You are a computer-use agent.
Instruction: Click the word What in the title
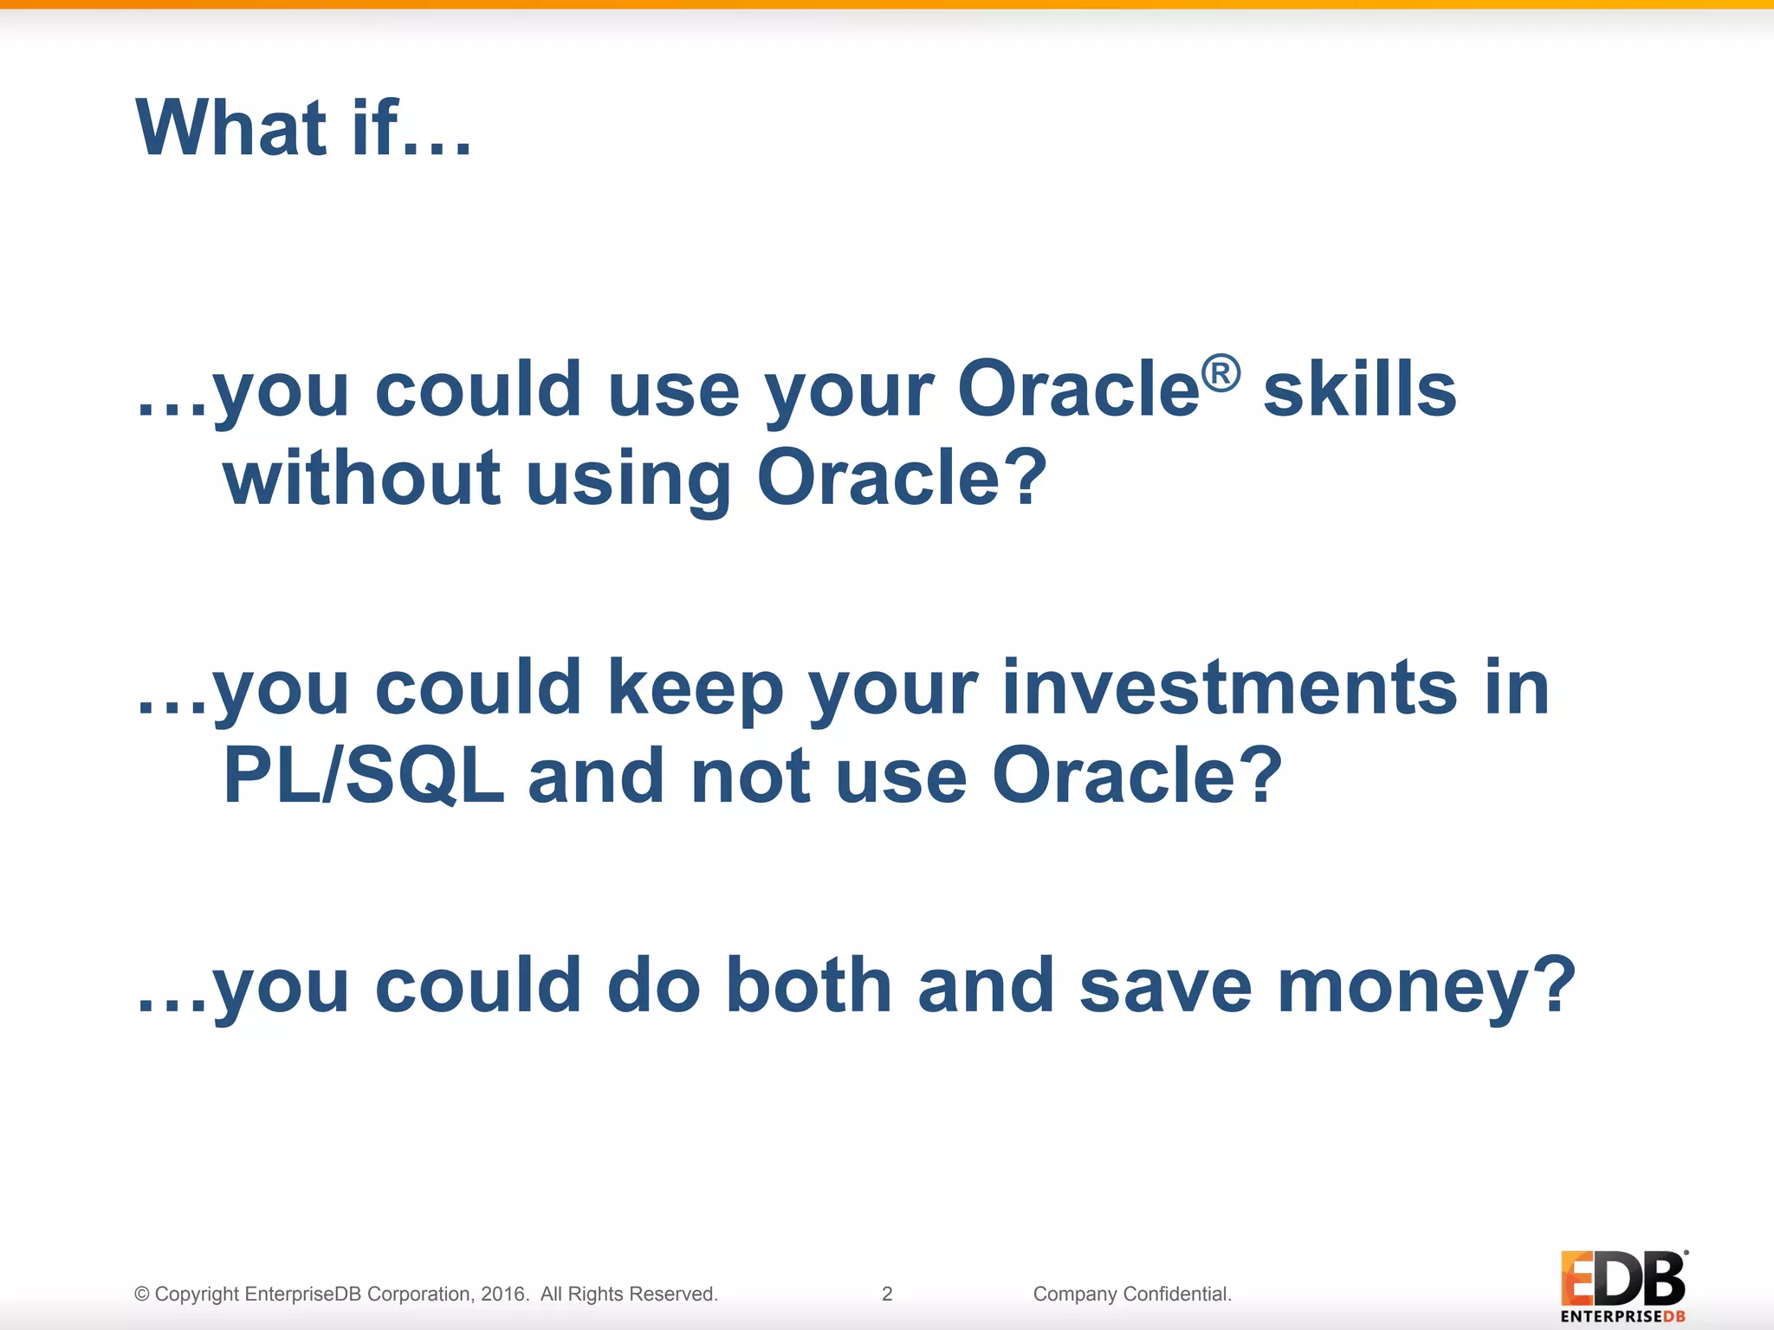pos(231,127)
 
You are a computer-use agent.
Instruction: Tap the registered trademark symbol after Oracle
pos(1220,373)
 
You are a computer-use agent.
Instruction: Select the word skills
pos(1360,389)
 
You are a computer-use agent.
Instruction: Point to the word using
pos(629,481)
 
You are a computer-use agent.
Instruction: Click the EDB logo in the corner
pos(1624,1287)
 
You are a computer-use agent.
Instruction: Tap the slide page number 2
pos(887,1294)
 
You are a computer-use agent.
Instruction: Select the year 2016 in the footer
pos(504,1294)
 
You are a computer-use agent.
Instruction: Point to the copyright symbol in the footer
pos(142,1294)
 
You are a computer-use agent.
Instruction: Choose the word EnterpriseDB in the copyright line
pos(303,1294)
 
